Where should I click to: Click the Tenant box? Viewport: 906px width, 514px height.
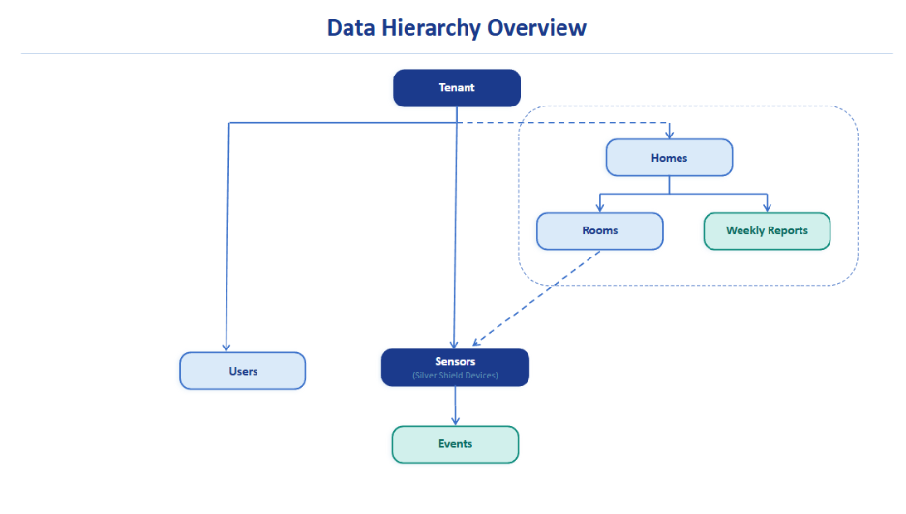(x=456, y=88)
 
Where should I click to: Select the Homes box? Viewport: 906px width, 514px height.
(x=669, y=158)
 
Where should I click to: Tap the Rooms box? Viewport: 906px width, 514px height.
(x=599, y=231)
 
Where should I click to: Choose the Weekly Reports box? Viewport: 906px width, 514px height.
(x=767, y=231)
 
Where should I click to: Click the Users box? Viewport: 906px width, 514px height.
(x=242, y=371)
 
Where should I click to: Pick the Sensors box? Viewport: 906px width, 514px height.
(x=455, y=367)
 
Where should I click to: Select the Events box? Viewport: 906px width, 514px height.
(x=455, y=444)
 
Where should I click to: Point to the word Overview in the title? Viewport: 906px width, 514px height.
(x=536, y=27)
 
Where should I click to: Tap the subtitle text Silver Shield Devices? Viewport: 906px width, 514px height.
(x=455, y=375)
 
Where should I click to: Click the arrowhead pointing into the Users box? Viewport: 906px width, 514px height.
(x=226, y=347)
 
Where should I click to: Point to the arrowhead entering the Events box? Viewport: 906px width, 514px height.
(x=455, y=421)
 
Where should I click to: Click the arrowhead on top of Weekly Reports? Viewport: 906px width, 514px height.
(x=767, y=207)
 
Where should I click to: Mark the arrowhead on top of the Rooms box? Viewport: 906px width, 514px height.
(x=599, y=207)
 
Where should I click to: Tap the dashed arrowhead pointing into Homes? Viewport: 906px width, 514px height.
(x=669, y=135)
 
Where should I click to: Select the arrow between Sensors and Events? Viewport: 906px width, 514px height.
(x=455, y=405)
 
